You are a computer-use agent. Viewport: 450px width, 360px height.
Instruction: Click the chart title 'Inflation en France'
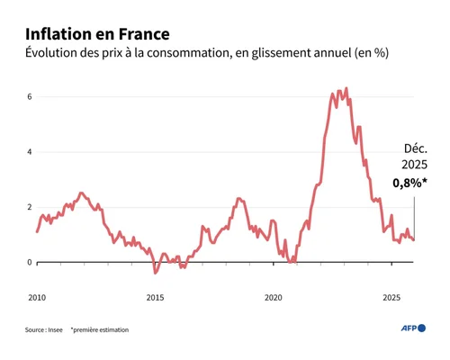[96, 33]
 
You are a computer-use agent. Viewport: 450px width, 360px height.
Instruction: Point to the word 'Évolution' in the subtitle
[56, 54]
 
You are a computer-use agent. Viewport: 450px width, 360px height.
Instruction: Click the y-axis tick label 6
[30, 96]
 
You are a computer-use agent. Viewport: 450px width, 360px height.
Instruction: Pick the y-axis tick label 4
[30, 152]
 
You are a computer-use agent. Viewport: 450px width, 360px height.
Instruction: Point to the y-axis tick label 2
[30, 207]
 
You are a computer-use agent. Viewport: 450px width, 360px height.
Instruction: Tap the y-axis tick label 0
[30, 263]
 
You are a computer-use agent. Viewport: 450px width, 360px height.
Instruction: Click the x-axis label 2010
[37, 296]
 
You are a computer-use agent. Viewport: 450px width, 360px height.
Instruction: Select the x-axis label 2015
[155, 296]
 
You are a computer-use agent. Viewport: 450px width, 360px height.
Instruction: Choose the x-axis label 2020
[274, 296]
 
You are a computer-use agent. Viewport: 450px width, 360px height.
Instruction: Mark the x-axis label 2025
[391, 296]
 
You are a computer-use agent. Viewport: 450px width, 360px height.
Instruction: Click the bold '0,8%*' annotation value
[410, 183]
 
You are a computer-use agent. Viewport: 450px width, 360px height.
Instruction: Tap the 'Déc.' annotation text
[416, 148]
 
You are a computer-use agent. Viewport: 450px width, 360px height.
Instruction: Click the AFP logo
[413, 328]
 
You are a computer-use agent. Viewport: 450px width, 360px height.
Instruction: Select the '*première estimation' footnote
[99, 330]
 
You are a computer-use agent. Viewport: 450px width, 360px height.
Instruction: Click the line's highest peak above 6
[346, 88]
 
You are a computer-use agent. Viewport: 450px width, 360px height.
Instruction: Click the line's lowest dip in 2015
[155, 272]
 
